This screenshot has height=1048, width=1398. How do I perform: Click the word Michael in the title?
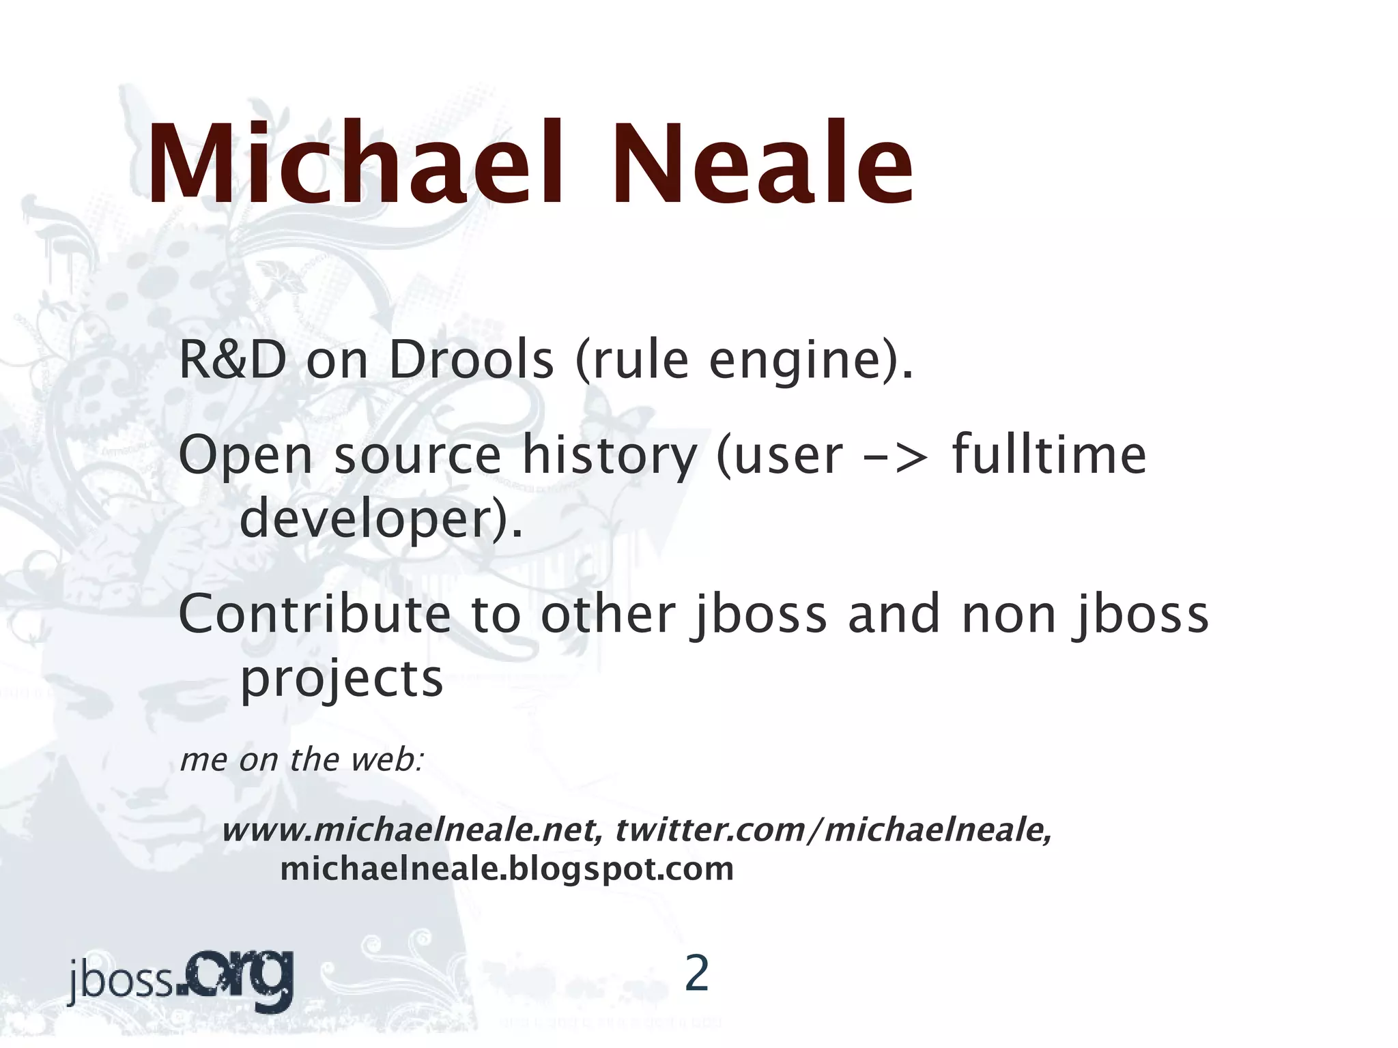point(355,164)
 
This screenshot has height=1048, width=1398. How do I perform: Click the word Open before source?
point(246,457)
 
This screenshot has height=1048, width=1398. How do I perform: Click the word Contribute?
point(315,614)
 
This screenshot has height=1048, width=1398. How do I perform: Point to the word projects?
point(342,680)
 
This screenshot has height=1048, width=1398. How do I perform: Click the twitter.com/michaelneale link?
point(833,831)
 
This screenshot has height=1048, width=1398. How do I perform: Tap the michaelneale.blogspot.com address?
point(507,869)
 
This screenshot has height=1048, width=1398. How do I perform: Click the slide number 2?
point(696,974)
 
